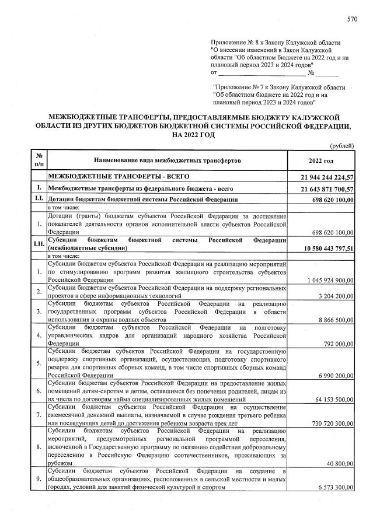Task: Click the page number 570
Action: coord(352,20)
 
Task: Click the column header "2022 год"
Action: coord(321,160)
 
